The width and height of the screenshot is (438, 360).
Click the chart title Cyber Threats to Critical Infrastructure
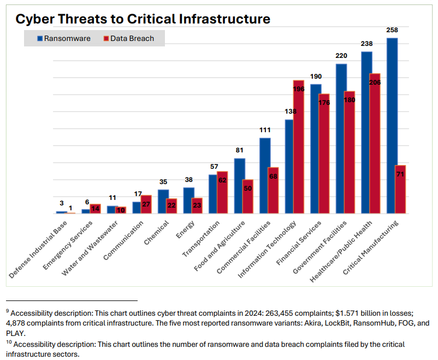pyautogui.click(x=143, y=19)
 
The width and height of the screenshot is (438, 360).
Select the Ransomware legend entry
pyautogui.click(x=64, y=38)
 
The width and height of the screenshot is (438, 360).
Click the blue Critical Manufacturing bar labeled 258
pyautogui.click(x=392, y=126)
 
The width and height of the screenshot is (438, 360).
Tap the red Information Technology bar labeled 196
pyautogui.click(x=298, y=147)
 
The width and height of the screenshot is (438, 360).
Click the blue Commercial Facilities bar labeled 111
pyautogui.click(x=265, y=175)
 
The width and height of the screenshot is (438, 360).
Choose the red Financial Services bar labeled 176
pyautogui.click(x=324, y=154)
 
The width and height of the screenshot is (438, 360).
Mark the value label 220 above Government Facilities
pyautogui.click(x=341, y=56)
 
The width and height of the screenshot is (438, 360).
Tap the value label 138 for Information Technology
pyautogui.click(x=289, y=111)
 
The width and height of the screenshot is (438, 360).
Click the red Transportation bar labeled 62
pyautogui.click(x=222, y=192)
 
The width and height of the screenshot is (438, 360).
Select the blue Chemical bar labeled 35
pyautogui.click(x=163, y=201)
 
